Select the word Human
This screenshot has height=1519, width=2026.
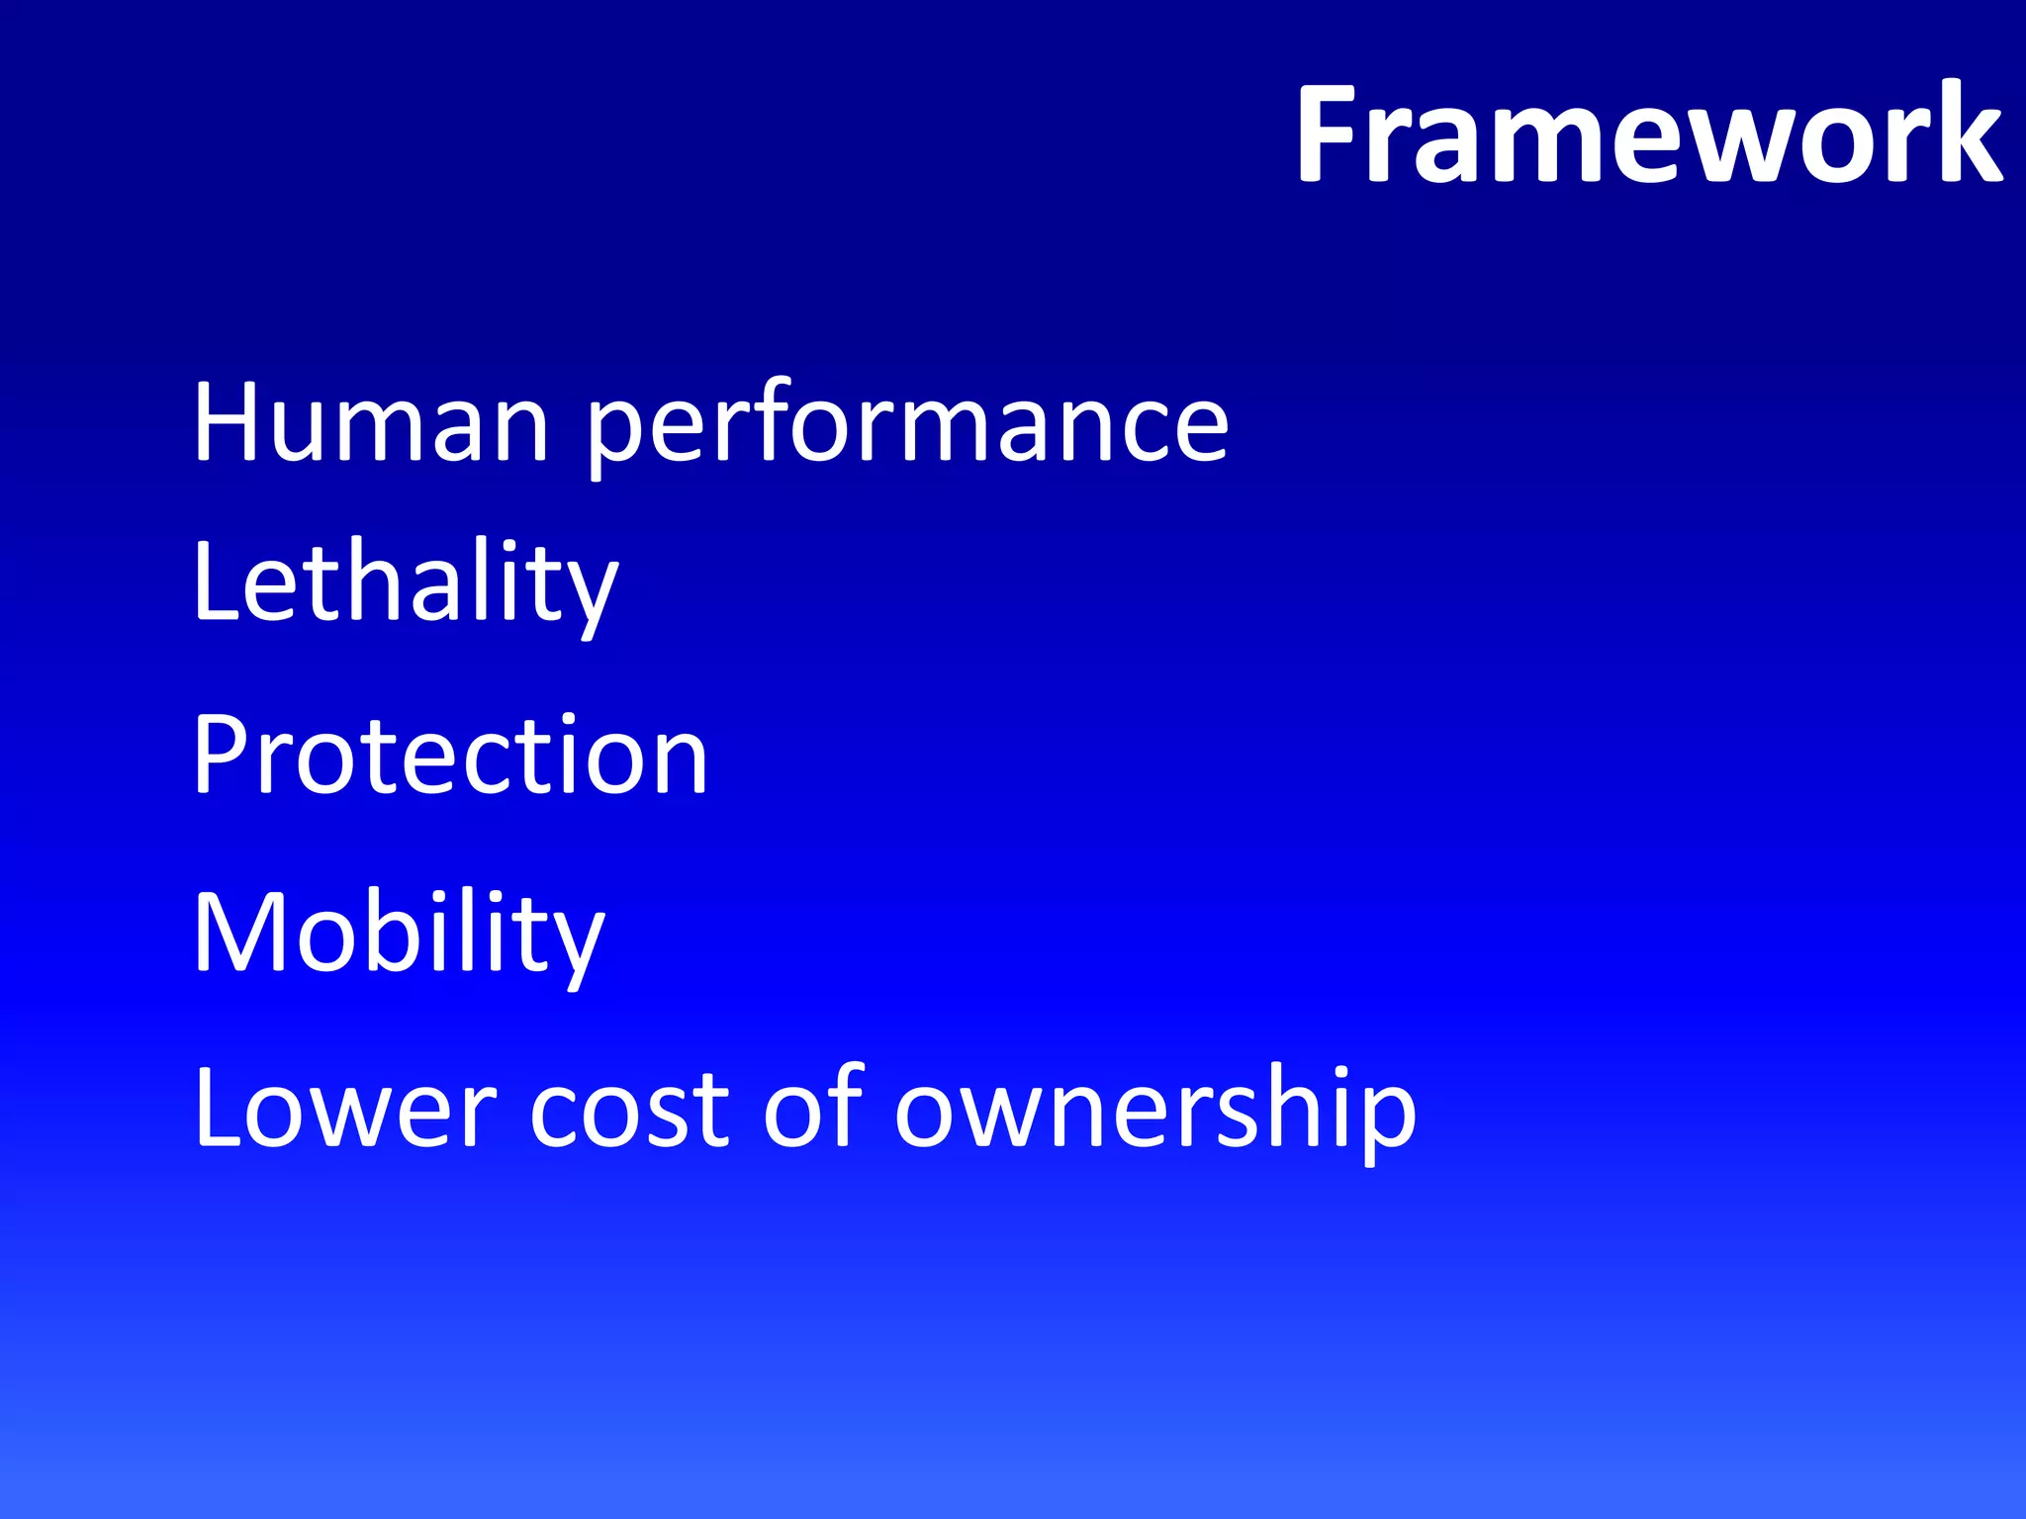click(x=371, y=422)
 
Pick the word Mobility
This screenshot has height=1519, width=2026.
click(x=399, y=935)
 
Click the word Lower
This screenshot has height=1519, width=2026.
click(x=344, y=1108)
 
